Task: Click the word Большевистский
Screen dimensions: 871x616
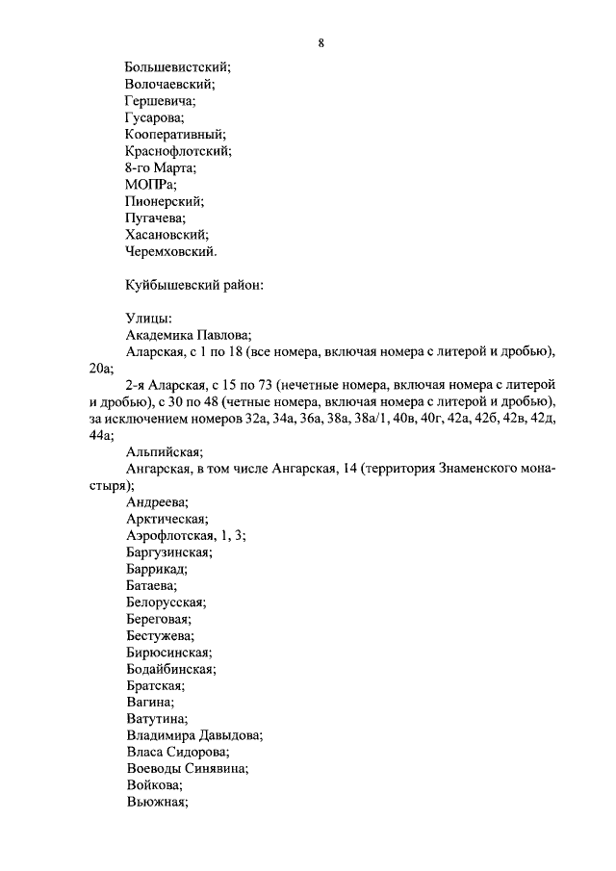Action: tap(177, 67)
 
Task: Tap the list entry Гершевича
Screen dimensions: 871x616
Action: tap(160, 100)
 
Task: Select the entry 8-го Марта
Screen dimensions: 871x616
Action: tap(160, 167)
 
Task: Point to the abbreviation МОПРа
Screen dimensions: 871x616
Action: tap(151, 185)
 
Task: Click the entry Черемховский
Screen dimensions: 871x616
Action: tap(171, 251)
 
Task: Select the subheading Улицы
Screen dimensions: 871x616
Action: tap(149, 319)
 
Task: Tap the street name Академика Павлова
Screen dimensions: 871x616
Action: tap(189, 335)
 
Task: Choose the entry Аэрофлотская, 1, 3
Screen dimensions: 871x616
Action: tap(185, 535)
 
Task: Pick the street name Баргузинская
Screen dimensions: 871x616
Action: tap(169, 552)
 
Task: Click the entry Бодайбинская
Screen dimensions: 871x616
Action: tap(170, 669)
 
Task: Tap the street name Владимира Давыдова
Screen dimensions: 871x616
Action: tap(194, 735)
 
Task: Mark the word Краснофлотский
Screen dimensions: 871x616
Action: tap(178, 151)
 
